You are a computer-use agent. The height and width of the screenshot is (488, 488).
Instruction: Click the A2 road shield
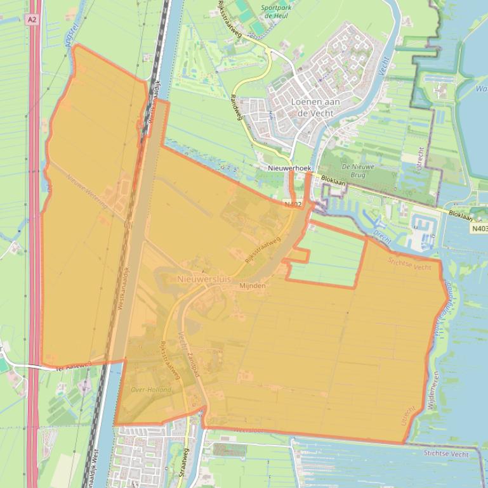(x=32, y=20)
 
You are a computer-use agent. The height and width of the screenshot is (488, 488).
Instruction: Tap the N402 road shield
(x=293, y=204)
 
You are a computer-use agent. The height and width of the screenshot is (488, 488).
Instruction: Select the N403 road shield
(x=479, y=228)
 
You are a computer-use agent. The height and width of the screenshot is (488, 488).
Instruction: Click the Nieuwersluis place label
(x=204, y=279)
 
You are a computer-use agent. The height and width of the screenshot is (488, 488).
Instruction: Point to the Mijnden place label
(x=252, y=286)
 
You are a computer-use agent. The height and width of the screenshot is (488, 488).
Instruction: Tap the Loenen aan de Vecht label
(x=315, y=107)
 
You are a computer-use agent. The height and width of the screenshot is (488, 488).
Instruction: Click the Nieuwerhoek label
(x=289, y=169)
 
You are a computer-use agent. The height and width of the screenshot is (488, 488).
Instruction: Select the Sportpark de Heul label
(x=276, y=12)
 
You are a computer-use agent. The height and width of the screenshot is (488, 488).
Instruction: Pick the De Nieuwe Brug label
(x=358, y=171)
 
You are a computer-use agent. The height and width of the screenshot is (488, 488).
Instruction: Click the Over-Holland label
(x=151, y=390)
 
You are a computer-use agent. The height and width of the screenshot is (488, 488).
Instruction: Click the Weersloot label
(x=247, y=430)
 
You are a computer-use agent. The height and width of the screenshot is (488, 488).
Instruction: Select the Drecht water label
(x=382, y=237)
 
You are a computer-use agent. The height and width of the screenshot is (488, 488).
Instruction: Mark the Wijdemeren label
(x=432, y=390)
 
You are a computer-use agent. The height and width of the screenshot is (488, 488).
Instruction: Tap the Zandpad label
(x=194, y=365)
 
